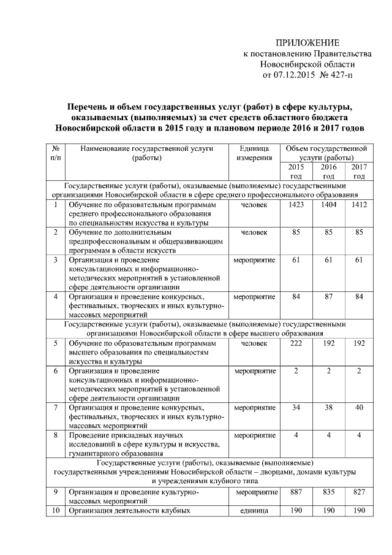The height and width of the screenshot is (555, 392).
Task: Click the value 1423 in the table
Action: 296,204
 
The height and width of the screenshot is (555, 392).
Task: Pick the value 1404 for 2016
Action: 329,204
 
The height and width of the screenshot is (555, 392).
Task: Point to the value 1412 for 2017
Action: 359,204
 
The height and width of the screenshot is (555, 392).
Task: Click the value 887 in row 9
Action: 296,492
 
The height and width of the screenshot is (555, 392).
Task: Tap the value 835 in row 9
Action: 329,492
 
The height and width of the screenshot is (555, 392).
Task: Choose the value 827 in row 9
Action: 359,492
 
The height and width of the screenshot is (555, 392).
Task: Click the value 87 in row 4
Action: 329,297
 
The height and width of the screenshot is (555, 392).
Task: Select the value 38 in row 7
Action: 329,407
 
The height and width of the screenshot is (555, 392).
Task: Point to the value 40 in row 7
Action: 359,407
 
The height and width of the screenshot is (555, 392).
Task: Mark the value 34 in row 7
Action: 296,407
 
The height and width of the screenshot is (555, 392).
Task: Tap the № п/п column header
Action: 55,153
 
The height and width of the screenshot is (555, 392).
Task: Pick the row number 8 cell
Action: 55,435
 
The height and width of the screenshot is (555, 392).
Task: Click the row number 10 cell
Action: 55,510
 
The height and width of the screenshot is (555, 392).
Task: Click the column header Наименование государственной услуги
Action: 146,153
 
